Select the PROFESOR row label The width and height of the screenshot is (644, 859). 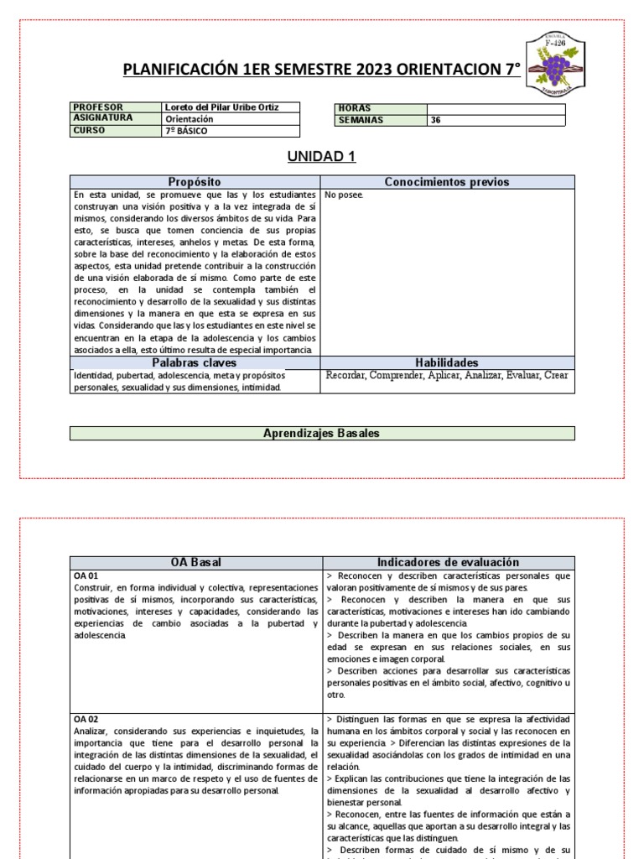pos(98,107)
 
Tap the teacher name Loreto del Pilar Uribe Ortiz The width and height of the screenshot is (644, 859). pos(221,107)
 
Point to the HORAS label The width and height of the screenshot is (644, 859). pos(355,108)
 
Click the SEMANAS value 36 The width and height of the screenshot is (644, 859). pos(435,120)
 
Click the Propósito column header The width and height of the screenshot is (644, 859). pos(195,182)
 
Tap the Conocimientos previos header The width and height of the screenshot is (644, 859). pos(446,182)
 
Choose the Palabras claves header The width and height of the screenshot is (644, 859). pos(195,362)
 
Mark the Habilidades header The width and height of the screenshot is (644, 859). pos(446,362)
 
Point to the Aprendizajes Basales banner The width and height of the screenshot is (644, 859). pos(322,433)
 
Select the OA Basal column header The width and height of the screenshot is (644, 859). pos(195,562)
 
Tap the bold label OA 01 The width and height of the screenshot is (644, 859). pos(86,576)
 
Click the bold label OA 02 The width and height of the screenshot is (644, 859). pos(86,719)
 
